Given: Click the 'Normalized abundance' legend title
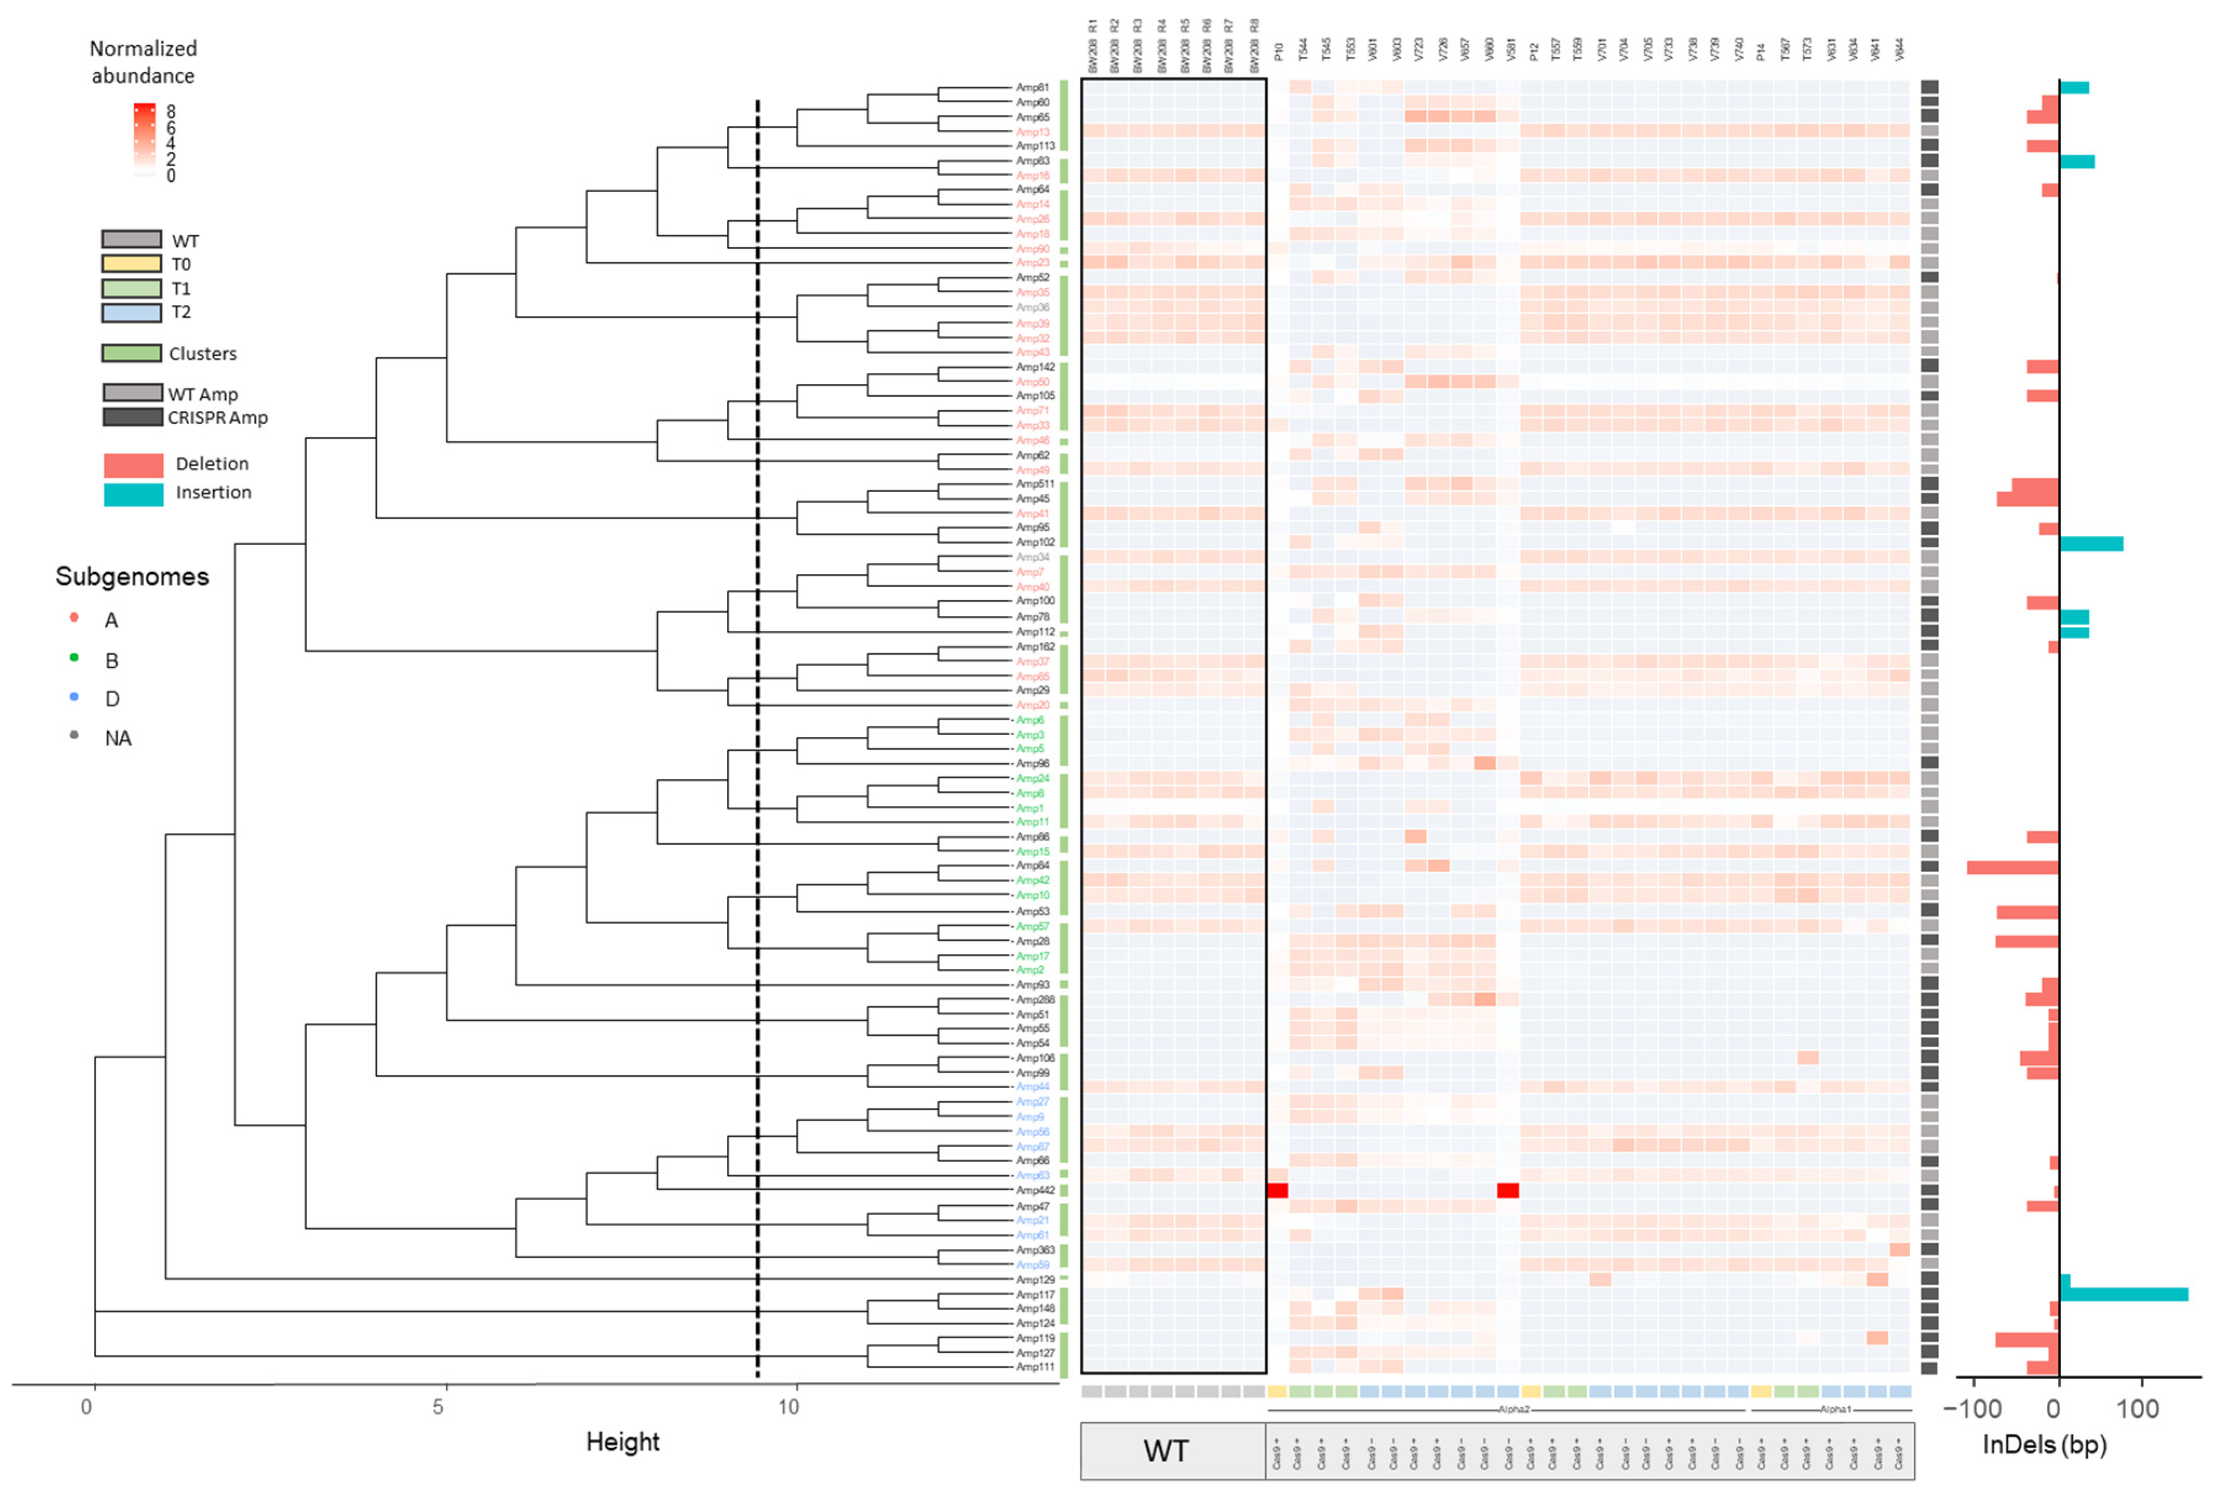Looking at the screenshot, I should (143, 62).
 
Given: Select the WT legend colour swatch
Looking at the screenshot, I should (132, 239).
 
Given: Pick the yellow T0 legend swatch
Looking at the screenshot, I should (132, 263).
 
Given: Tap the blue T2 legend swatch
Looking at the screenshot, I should (132, 311).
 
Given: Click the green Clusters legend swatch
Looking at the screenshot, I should (132, 352).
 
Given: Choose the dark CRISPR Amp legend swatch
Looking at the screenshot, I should (132, 416).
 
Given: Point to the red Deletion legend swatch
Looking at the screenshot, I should (133, 464).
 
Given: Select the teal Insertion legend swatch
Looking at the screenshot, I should (133, 493).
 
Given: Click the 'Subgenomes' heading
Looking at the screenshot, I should (132, 576).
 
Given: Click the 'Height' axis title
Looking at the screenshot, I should (623, 1442).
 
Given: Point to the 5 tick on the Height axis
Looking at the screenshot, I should (438, 1408).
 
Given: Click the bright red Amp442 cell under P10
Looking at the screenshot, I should (1277, 1190).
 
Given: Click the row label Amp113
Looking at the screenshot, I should (1035, 146).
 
